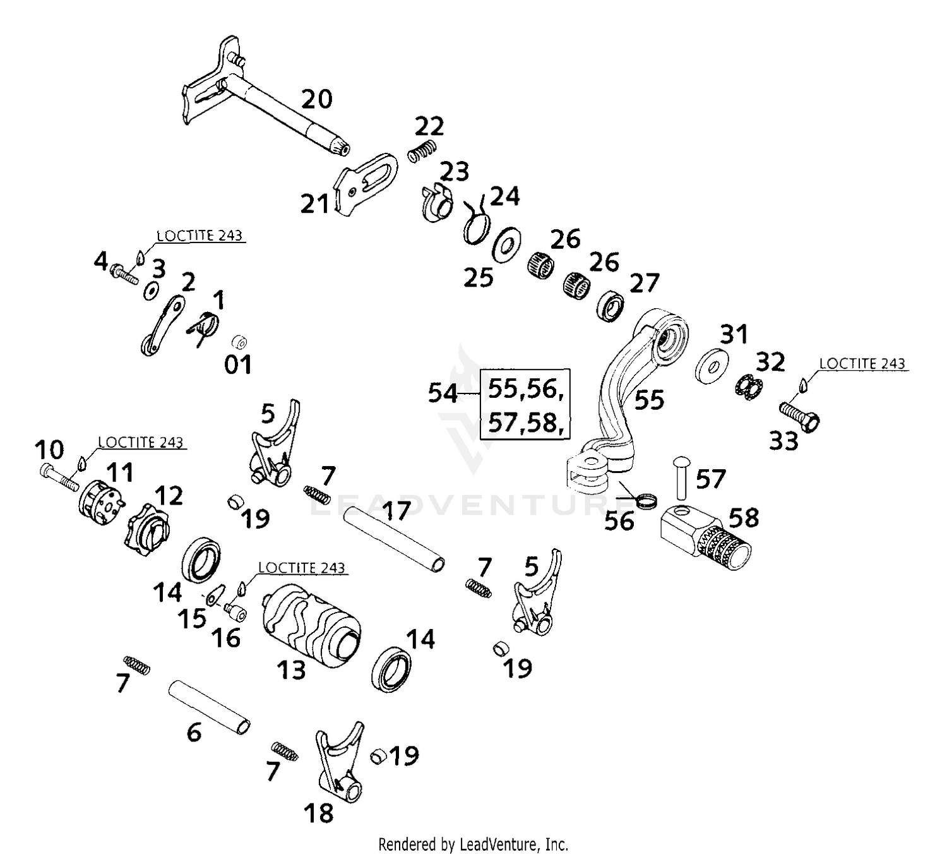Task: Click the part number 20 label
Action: pyautogui.click(x=316, y=99)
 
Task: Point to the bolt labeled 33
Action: pyautogui.click(x=799, y=416)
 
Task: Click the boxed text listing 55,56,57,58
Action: pyautogui.click(x=525, y=405)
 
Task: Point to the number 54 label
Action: pyautogui.click(x=443, y=393)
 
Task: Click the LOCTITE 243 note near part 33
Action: pyautogui.click(x=862, y=364)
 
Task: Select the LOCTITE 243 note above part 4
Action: pyautogui.click(x=200, y=236)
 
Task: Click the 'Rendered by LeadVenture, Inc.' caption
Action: pyautogui.click(x=473, y=844)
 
